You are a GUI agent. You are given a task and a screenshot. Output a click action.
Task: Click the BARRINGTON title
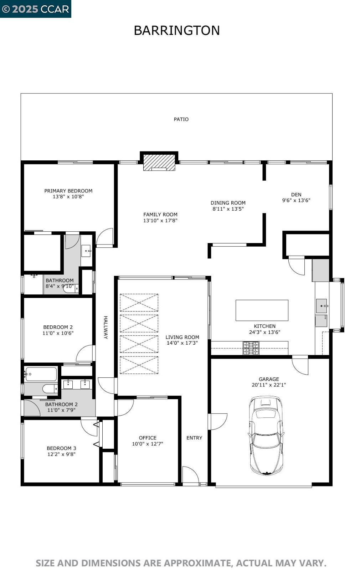tap(176, 31)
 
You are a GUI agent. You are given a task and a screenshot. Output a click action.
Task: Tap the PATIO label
tap(181, 119)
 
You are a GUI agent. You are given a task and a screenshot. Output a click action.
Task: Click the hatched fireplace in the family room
tap(159, 163)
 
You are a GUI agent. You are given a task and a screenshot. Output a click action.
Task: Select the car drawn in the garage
tap(266, 436)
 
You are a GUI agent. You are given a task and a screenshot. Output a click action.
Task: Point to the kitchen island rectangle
tap(262, 310)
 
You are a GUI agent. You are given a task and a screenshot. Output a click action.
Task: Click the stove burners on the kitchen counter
tap(251, 348)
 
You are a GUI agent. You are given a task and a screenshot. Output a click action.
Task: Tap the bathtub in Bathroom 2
tap(41, 374)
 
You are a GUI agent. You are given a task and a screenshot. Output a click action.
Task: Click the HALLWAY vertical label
tap(106, 327)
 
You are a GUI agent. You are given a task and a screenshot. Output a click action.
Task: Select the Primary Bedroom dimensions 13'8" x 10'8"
tap(68, 197)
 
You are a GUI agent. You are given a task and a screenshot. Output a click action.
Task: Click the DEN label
tap(296, 195)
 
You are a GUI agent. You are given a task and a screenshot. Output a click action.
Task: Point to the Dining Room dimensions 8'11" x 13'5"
tap(228, 209)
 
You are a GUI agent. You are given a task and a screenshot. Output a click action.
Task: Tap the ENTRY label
tap(194, 438)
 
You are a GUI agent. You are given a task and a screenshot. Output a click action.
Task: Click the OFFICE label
tap(148, 438)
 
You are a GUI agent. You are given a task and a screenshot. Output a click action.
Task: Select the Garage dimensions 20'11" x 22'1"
tap(269, 385)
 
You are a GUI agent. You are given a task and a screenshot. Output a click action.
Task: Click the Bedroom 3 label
tap(61, 448)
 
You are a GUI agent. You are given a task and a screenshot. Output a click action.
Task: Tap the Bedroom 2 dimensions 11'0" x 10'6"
tap(58, 333)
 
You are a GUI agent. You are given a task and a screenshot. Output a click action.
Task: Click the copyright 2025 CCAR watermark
tap(35, 9)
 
